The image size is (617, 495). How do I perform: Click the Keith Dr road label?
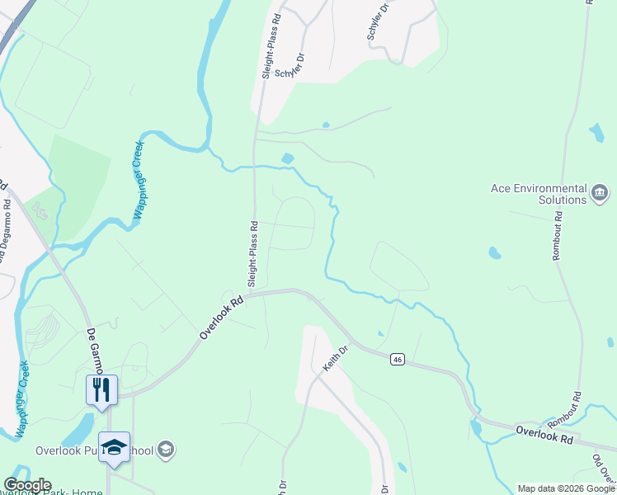click(x=337, y=360)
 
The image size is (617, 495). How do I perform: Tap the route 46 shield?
click(x=398, y=359)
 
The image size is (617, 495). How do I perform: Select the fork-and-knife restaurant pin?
click(x=101, y=389)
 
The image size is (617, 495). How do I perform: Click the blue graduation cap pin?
click(x=114, y=446)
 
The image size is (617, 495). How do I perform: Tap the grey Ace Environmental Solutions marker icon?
click(x=600, y=194)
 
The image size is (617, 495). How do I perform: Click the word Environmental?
click(x=551, y=188)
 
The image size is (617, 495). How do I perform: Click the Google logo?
click(x=26, y=485)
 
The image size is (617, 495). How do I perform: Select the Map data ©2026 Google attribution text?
click(x=566, y=488)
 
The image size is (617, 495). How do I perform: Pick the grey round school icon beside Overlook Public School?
click(x=166, y=450)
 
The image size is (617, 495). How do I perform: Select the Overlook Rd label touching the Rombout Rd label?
click(x=544, y=435)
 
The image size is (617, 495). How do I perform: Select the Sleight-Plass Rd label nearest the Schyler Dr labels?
click(x=267, y=49)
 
